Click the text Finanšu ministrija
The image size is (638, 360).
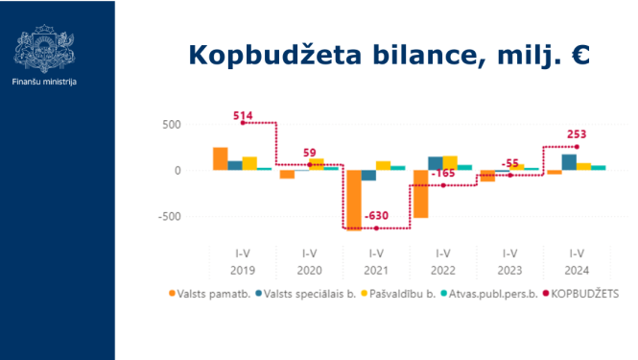(x=45, y=82)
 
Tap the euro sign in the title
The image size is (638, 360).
(x=579, y=54)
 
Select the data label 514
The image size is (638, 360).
(x=244, y=116)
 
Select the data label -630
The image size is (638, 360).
(x=376, y=216)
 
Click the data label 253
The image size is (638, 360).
(x=577, y=135)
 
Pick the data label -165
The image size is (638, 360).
(x=443, y=174)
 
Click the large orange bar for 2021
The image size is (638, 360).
(x=354, y=200)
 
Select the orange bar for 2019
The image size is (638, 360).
(x=220, y=158)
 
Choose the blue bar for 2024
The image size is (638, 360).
(x=569, y=161)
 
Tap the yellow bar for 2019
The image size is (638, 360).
(x=249, y=163)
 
